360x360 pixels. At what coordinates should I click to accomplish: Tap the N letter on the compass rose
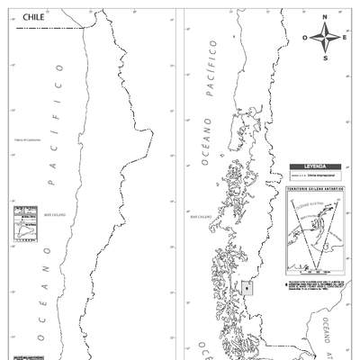click(x=326, y=17)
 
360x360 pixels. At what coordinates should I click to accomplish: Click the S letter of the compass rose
click(x=326, y=58)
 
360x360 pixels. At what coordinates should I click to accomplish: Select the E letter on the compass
click(x=346, y=38)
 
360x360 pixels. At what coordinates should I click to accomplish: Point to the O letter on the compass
click(x=305, y=38)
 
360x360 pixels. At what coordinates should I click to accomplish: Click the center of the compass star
click(x=326, y=38)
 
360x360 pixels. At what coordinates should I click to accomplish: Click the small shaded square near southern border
click(x=247, y=288)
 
